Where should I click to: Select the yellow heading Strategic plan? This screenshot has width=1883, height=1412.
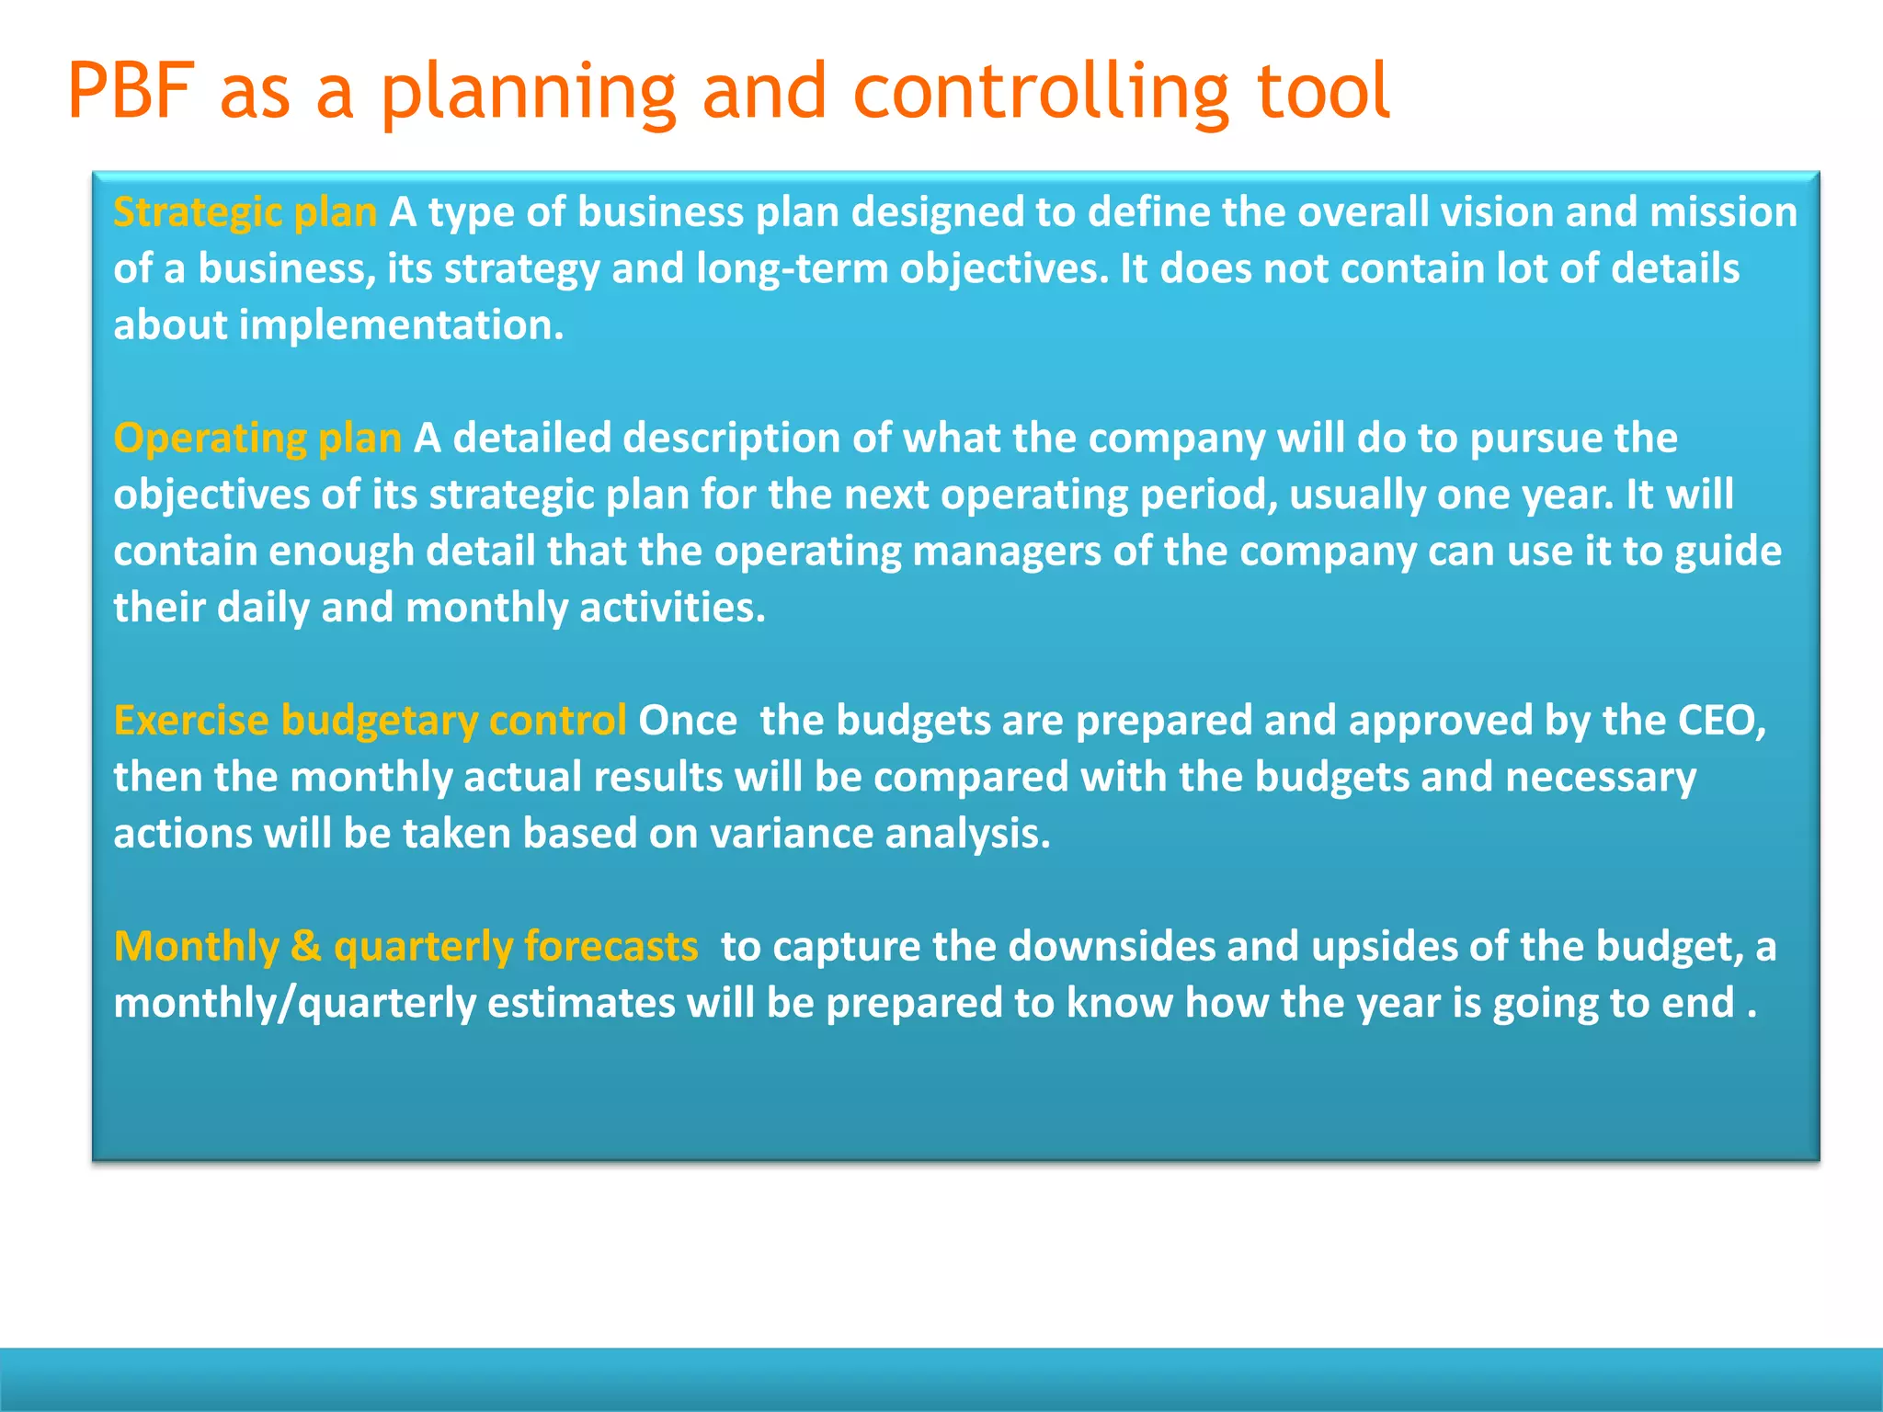point(245,212)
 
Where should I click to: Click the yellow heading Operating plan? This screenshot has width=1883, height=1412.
point(257,438)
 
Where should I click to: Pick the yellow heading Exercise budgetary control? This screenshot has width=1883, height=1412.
point(370,721)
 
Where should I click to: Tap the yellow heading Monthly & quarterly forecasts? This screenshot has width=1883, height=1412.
point(405,947)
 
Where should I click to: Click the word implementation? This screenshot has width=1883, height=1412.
point(401,325)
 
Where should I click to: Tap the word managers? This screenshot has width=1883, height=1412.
point(1006,552)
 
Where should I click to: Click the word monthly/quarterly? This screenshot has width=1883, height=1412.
point(294,1003)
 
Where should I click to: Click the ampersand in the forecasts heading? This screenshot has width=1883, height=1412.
point(305,947)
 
